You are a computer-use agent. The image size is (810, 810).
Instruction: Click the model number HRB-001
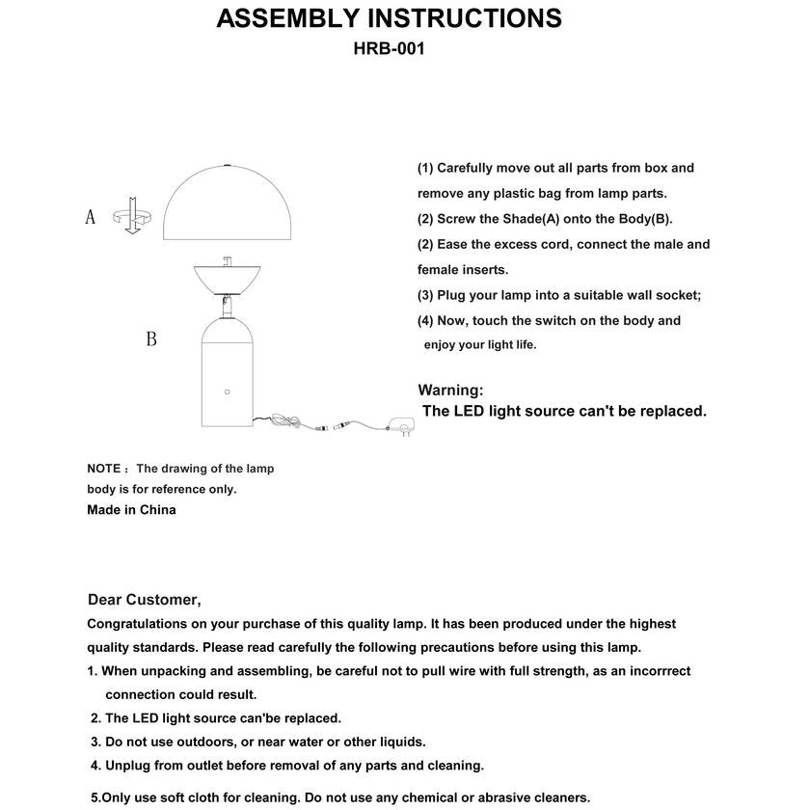(x=389, y=48)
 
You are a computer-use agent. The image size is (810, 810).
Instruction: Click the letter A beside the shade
(x=91, y=217)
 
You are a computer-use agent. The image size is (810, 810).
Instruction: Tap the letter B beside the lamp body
(x=150, y=338)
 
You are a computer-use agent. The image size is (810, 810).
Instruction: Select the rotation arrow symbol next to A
(x=129, y=217)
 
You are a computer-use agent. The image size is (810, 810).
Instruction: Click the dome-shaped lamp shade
(x=228, y=202)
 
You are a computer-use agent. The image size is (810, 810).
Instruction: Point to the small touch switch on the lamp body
(x=228, y=391)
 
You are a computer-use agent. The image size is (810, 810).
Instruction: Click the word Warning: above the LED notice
(x=450, y=391)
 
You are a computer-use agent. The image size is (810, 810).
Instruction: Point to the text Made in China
(x=131, y=510)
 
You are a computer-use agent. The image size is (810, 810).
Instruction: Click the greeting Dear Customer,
(x=144, y=600)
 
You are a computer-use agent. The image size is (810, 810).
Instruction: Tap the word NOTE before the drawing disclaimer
(x=103, y=469)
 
